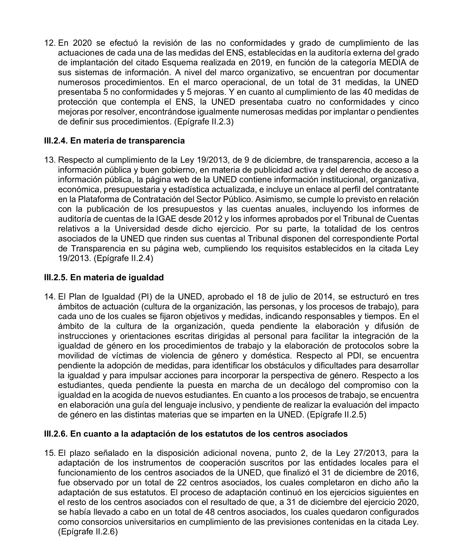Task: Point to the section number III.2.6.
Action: tap(56, 434)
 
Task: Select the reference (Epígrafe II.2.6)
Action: tap(88, 532)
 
